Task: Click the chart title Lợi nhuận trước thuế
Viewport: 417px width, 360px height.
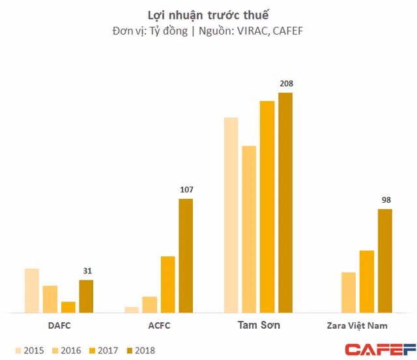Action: pos(208,14)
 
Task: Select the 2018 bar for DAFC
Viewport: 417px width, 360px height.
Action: pos(86,296)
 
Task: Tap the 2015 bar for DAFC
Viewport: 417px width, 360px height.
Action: pos(32,290)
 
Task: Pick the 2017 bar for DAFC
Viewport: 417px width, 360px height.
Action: pos(68,307)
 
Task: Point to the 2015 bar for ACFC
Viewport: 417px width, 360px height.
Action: pos(132,309)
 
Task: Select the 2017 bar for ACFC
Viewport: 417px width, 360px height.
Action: pos(168,284)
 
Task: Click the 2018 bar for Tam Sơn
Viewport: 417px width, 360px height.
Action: pos(285,202)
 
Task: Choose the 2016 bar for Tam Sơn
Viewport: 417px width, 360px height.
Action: pos(249,229)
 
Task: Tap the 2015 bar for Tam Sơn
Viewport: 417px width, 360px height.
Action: pos(231,215)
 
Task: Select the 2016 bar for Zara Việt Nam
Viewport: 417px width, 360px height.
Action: pos(349,292)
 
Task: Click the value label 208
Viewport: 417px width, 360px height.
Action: pos(286,83)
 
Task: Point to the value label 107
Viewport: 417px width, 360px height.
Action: pos(186,190)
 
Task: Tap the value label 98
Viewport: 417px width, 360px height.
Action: pos(385,200)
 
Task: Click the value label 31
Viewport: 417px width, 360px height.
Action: pos(87,271)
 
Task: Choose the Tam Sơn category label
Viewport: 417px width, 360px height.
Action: pos(259,325)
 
